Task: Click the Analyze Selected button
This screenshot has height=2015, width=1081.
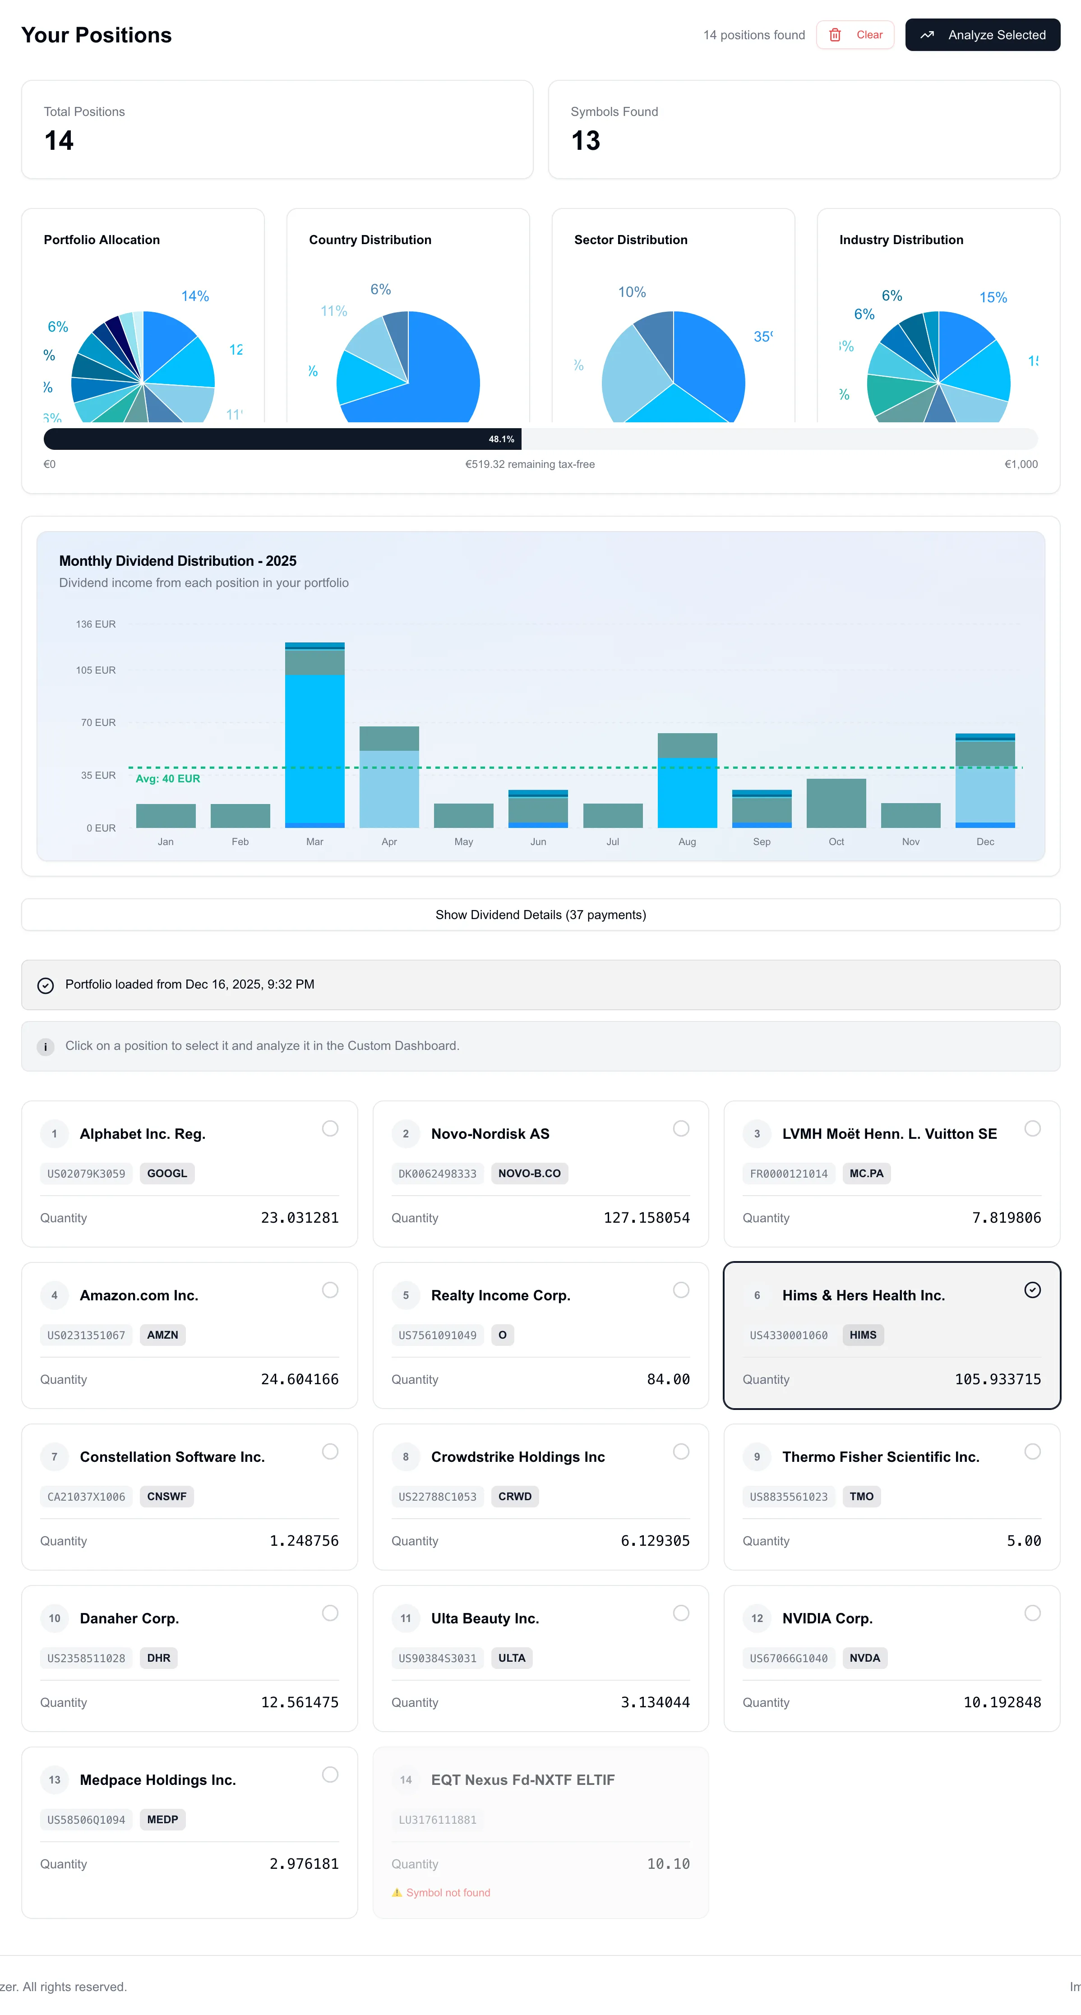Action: pos(983,35)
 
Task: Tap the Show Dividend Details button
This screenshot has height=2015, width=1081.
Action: pos(540,915)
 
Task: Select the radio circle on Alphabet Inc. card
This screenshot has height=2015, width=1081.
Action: pos(330,1128)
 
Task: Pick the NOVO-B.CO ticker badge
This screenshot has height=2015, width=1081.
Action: pos(530,1174)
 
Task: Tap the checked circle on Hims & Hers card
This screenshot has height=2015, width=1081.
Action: pos(1033,1290)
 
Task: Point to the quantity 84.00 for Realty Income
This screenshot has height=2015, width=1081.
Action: pos(668,1379)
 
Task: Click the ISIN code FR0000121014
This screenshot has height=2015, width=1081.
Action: pos(789,1174)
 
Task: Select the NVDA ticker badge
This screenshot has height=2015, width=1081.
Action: pos(864,1658)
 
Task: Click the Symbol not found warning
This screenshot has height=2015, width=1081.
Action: pos(448,1892)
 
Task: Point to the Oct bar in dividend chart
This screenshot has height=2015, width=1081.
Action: pos(836,804)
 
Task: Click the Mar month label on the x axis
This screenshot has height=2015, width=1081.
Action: pos(314,841)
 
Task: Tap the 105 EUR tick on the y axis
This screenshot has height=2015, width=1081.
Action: pos(96,670)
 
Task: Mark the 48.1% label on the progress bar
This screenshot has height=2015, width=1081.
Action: pos(501,439)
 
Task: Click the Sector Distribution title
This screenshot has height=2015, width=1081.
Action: pos(630,240)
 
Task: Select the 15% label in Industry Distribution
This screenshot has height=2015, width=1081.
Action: pos(993,297)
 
